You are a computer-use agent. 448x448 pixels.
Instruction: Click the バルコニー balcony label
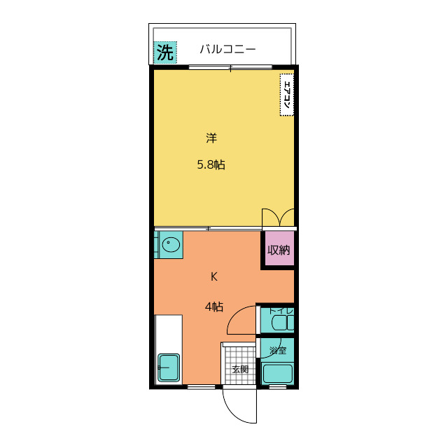227,50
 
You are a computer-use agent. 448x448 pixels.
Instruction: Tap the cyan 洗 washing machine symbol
164,52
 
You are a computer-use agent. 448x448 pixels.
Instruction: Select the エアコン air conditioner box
287,94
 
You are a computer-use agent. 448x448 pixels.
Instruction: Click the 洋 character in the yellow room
211,138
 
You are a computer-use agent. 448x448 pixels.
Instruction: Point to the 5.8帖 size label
211,165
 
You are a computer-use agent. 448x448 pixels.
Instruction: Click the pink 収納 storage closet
279,250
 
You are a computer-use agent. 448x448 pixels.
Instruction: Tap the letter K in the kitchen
214,276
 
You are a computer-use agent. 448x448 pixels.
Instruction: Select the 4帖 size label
214,307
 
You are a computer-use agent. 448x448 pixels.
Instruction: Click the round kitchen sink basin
171,245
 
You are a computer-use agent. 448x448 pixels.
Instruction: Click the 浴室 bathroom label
278,350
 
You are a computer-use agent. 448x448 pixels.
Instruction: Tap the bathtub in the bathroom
278,373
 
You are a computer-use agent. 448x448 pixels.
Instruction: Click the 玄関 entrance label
240,369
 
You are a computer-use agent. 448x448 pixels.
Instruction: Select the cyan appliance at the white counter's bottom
169,367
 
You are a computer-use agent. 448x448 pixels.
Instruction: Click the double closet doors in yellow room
278,218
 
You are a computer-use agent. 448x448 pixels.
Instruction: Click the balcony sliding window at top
230,67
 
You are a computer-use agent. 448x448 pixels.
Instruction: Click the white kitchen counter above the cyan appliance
169,332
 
